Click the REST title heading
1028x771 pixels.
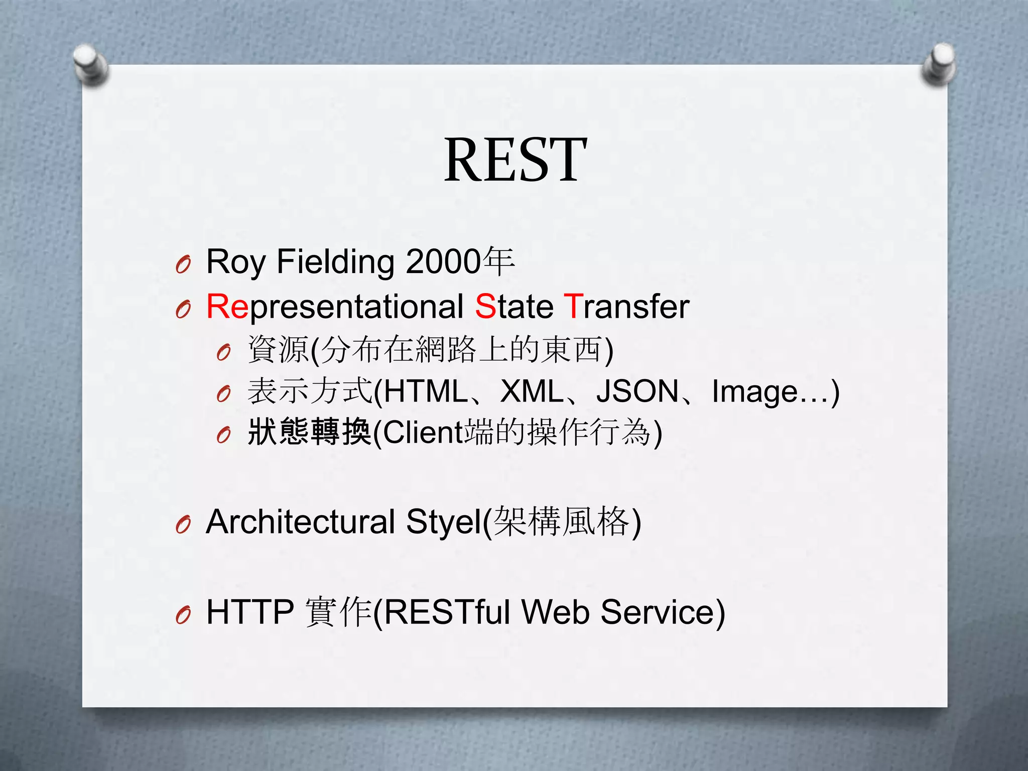(x=515, y=160)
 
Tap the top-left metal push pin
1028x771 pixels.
(x=89, y=64)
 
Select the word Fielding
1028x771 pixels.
(x=335, y=262)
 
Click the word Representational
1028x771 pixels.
(x=335, y=307)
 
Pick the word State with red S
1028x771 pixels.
(x=514, y=307)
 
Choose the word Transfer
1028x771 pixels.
(x=626, y=307)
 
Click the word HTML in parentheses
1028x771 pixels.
(x=426, y=392)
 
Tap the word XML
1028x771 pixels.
(x=532, y=392)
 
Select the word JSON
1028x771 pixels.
(x=637, y=392)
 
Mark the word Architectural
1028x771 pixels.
(x=300, y=522)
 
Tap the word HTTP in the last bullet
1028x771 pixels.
(x=250, y=612)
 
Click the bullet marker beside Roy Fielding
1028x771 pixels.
(x=183, y=264)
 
